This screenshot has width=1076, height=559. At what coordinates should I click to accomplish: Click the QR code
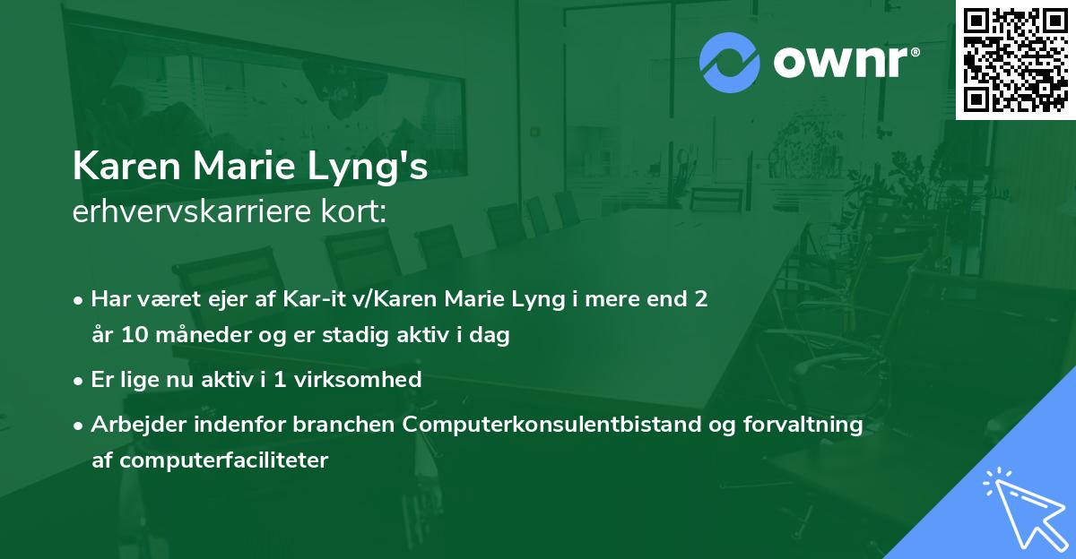tap(1015, 59)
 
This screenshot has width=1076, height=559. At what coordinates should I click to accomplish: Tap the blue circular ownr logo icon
tap(730, 63)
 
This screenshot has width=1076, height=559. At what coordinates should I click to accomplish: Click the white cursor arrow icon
tap(1023, 509)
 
